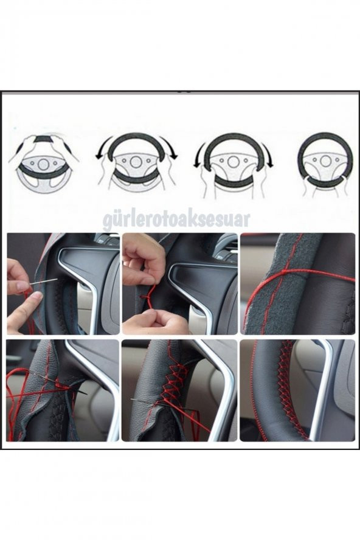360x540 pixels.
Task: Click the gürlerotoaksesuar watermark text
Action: (176, 220)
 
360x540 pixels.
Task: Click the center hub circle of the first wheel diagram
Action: (43, 164)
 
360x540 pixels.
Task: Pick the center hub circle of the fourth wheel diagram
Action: (325, 161)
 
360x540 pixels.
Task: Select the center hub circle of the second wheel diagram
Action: (136, 162)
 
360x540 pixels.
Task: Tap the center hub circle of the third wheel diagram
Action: (233, 162)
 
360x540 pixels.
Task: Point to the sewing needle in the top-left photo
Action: (43, 282)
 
